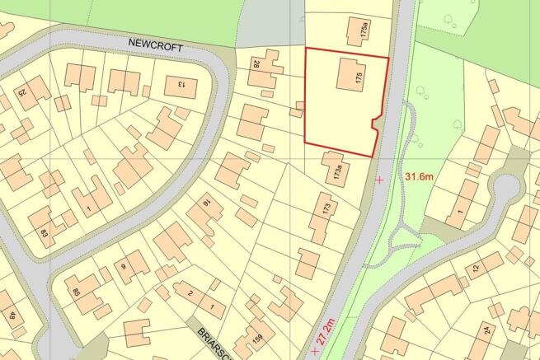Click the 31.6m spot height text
click(x=421, y=176)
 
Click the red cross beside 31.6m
click(x=379, y=179)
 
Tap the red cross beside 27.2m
click(x=314, y=353)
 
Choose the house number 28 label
click(x=256, y=64)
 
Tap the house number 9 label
click(x=122, y=266)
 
